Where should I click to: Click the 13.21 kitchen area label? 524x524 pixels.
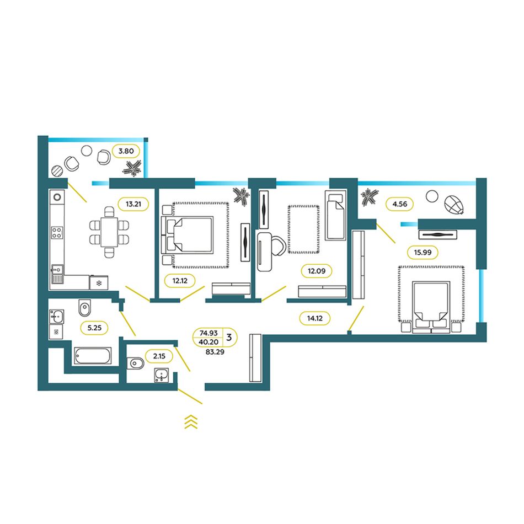(x=133, y=204)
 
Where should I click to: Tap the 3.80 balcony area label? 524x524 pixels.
(x=126, y=151)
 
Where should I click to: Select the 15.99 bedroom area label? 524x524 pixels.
(x=423, y=252)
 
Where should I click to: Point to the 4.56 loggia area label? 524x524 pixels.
(x=400, y=204)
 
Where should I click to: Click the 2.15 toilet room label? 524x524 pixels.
(x=159, y=356)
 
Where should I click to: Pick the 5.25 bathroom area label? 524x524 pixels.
(x=94, y=328)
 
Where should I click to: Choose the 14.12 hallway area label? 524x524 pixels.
(x=315, y=318)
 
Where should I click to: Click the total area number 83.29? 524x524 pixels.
(x=215, y=352)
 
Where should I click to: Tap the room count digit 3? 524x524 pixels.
(x=229, y=337)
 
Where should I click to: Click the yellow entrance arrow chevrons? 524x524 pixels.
(x=191, y=422)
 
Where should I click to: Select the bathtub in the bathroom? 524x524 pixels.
(x=93, y=356)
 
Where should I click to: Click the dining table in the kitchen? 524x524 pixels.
(x=109, y=232)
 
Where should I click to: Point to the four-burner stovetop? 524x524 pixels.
(x=57, y=233)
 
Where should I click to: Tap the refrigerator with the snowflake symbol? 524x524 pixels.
(x=99, y=283)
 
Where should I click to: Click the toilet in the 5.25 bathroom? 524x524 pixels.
(x=85, y=307)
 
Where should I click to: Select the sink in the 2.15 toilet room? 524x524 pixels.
(x=162, y=375)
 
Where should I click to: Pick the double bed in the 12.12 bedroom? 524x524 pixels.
(x=188, y=234)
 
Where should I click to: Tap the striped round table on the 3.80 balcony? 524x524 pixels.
(x=57, y=171)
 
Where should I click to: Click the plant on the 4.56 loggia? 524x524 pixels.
(x=369, y=197)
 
